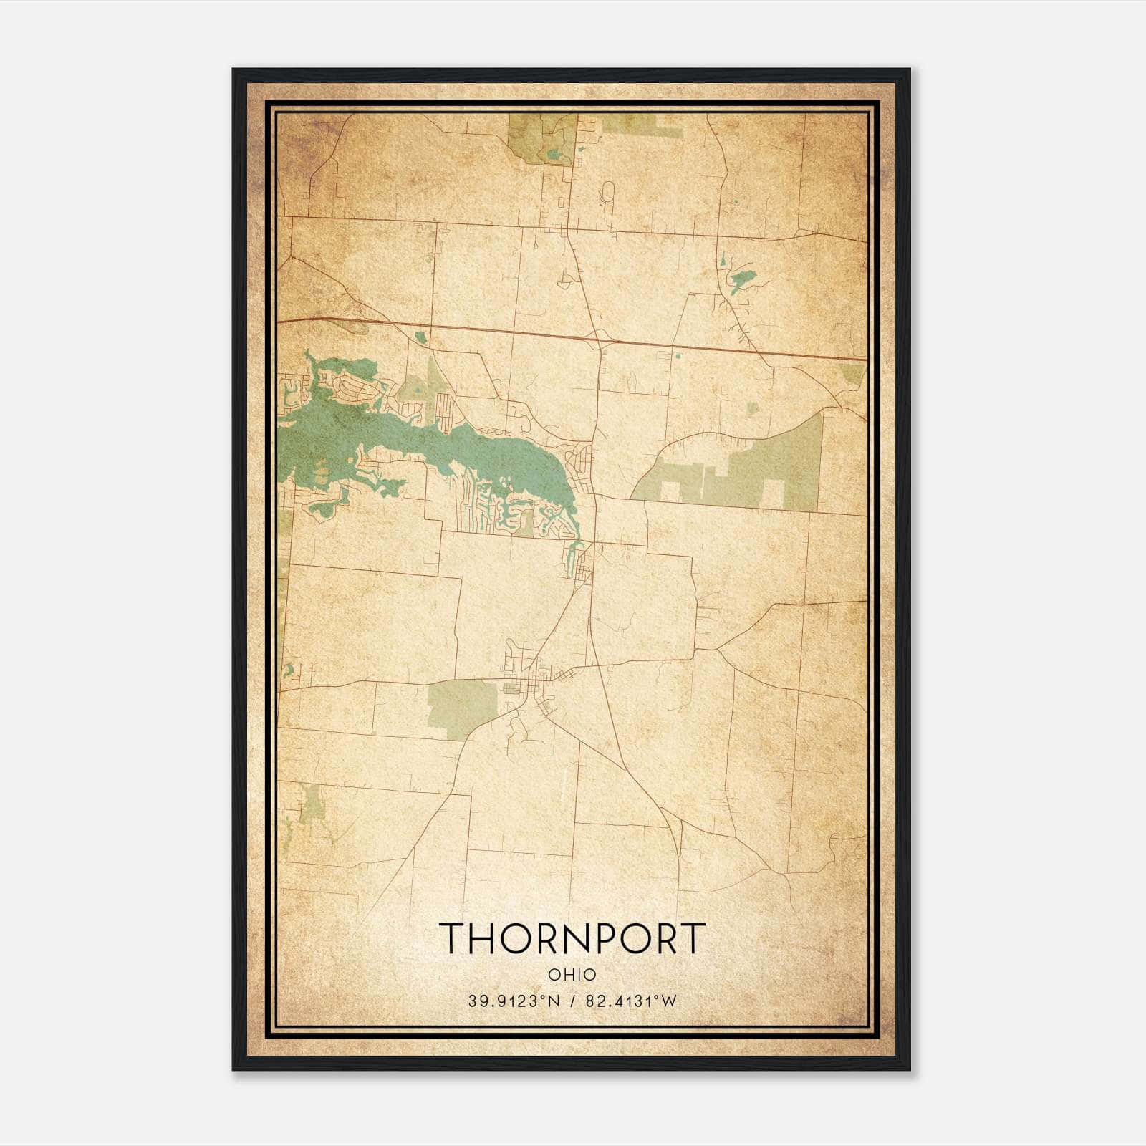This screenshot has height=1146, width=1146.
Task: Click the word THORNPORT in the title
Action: point(572,938)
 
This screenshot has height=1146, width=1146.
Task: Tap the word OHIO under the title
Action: point(572,975)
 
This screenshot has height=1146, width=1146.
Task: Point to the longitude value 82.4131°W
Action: point(631,1001)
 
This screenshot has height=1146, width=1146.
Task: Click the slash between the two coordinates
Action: point(573,1001)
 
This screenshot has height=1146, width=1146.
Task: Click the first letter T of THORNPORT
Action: point(453,938)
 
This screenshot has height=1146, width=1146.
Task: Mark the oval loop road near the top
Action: point(608,193)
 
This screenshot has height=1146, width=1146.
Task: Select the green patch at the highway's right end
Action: point(852,372)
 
